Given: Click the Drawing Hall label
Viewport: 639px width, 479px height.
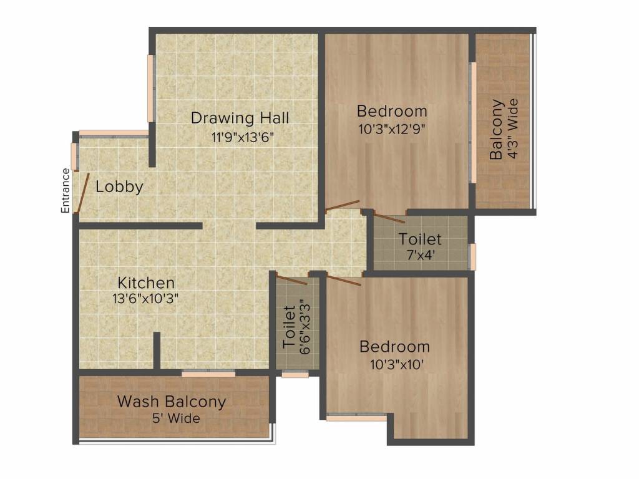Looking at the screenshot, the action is tap(240, 118).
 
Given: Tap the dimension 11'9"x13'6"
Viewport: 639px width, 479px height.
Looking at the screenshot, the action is tap(242, 137).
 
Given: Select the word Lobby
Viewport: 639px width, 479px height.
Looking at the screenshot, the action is tap(119, 187).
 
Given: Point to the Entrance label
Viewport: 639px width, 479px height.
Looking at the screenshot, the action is tap(65, 191).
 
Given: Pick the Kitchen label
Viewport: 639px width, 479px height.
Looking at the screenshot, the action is tap(146, 283).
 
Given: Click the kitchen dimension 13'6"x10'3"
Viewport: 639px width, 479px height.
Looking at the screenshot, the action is tap(145, 299).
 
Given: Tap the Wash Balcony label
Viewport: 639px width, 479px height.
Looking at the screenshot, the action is tap(172, 402).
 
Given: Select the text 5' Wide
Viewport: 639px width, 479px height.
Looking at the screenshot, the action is tap(176, 419).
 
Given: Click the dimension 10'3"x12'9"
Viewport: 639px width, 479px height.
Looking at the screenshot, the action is tap(392, 129).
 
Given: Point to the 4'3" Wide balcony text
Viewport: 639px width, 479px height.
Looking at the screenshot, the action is tap(513, 128).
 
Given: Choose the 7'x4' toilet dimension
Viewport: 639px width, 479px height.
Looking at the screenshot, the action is tap(421, 255).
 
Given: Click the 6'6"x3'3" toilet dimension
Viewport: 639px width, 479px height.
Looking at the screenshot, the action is tap(305, 327).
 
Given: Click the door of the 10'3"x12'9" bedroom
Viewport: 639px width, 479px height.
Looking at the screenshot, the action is tap(343, 205).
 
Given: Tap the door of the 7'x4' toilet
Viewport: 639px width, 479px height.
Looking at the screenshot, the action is tap(389, 218).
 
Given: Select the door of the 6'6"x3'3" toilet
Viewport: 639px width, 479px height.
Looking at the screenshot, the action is tap(291, 280).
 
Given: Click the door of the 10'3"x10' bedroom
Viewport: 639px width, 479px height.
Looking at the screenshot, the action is tap(344, 280).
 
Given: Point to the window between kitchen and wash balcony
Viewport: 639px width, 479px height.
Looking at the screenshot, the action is tap(208, 373).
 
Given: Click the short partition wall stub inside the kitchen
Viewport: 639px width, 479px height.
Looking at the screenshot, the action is tap(157, 351).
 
